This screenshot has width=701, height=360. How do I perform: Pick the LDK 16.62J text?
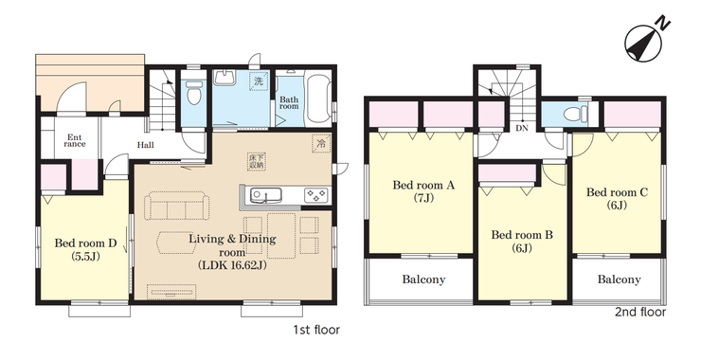point(232,265)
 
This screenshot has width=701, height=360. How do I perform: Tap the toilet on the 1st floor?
point(193,93)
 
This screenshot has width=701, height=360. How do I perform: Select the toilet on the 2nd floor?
point(575,113)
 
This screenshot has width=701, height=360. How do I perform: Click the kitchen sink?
point(265,195)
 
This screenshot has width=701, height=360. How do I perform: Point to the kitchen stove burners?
point(316,195)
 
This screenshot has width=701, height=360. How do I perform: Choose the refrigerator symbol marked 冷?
point(321,144)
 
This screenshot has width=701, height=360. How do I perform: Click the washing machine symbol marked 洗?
point(259,81)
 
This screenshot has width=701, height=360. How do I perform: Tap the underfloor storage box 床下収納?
point(256,161)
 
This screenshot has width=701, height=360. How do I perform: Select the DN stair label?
point(522,128)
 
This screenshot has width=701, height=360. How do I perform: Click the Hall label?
point(145,145)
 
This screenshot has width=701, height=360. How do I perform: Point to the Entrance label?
point(75,141)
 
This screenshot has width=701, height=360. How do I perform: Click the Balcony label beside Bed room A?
point(423,280)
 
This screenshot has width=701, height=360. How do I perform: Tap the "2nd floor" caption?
point(640,312)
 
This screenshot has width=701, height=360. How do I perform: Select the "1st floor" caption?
point(316,330)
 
